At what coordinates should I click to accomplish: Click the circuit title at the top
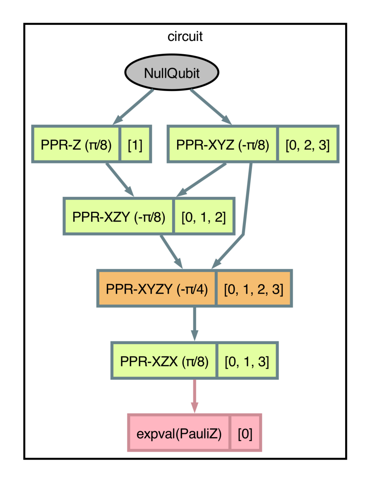point(185,36)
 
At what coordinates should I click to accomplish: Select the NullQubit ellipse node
point(172,74)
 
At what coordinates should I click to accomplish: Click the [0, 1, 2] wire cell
point(203,216)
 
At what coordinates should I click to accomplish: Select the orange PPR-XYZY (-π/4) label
point(157,289)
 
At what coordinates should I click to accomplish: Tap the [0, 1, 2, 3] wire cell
point(253,289)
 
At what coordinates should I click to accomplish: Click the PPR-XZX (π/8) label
point(164,361)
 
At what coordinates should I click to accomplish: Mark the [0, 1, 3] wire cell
point(247,361)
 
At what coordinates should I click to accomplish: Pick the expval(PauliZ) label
point(179,433)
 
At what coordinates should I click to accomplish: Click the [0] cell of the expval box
point(245,433)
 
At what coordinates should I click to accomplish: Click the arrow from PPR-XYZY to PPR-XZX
point(194,324)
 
